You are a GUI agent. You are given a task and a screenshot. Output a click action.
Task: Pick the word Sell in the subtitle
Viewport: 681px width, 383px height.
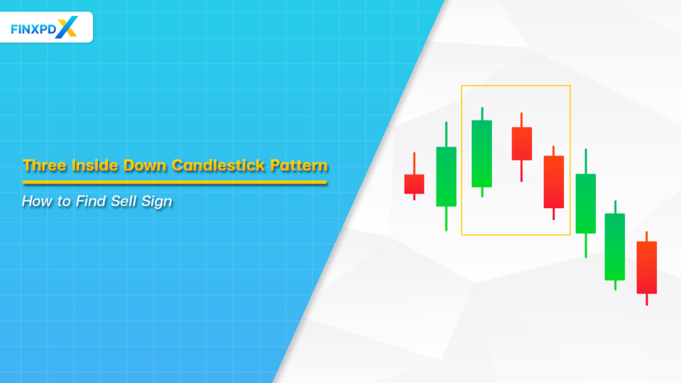pyautogui.click(x=122, y=201)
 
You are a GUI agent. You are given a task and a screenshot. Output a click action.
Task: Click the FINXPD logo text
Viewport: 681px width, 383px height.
pyautogui.click(x=34, y=29)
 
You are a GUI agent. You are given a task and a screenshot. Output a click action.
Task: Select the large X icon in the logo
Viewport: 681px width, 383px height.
pyautogui.click(x=68, y=27)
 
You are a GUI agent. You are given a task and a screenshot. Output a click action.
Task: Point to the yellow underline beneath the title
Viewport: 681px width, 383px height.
pyautogui.click(x=174, y=182)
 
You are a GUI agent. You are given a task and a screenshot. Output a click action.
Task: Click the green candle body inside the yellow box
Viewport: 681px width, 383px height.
pyautogui.click(x=481, y=154)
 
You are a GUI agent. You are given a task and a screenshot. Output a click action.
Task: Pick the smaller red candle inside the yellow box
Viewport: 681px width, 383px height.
pyautogui.click(x=521, y=144)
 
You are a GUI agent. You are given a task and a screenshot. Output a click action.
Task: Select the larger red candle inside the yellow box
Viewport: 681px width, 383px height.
pyautogui.click(x=553, y=182)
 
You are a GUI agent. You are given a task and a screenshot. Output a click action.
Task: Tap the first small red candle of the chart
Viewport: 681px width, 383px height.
pyautogui.click(x=414, y=184)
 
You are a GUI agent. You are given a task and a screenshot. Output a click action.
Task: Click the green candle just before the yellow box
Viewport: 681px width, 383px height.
pyautogui.click(x=446, y=176)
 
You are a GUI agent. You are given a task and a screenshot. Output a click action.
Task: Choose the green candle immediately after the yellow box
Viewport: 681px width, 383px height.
pyautogui.click(x=585, y=203)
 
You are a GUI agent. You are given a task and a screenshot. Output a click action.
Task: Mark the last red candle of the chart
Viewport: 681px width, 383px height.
pyautogui.click(x=646, y=267)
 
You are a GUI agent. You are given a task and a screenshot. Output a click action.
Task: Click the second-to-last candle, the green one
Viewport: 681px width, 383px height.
pyautogui.click(x=614, y=246)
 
